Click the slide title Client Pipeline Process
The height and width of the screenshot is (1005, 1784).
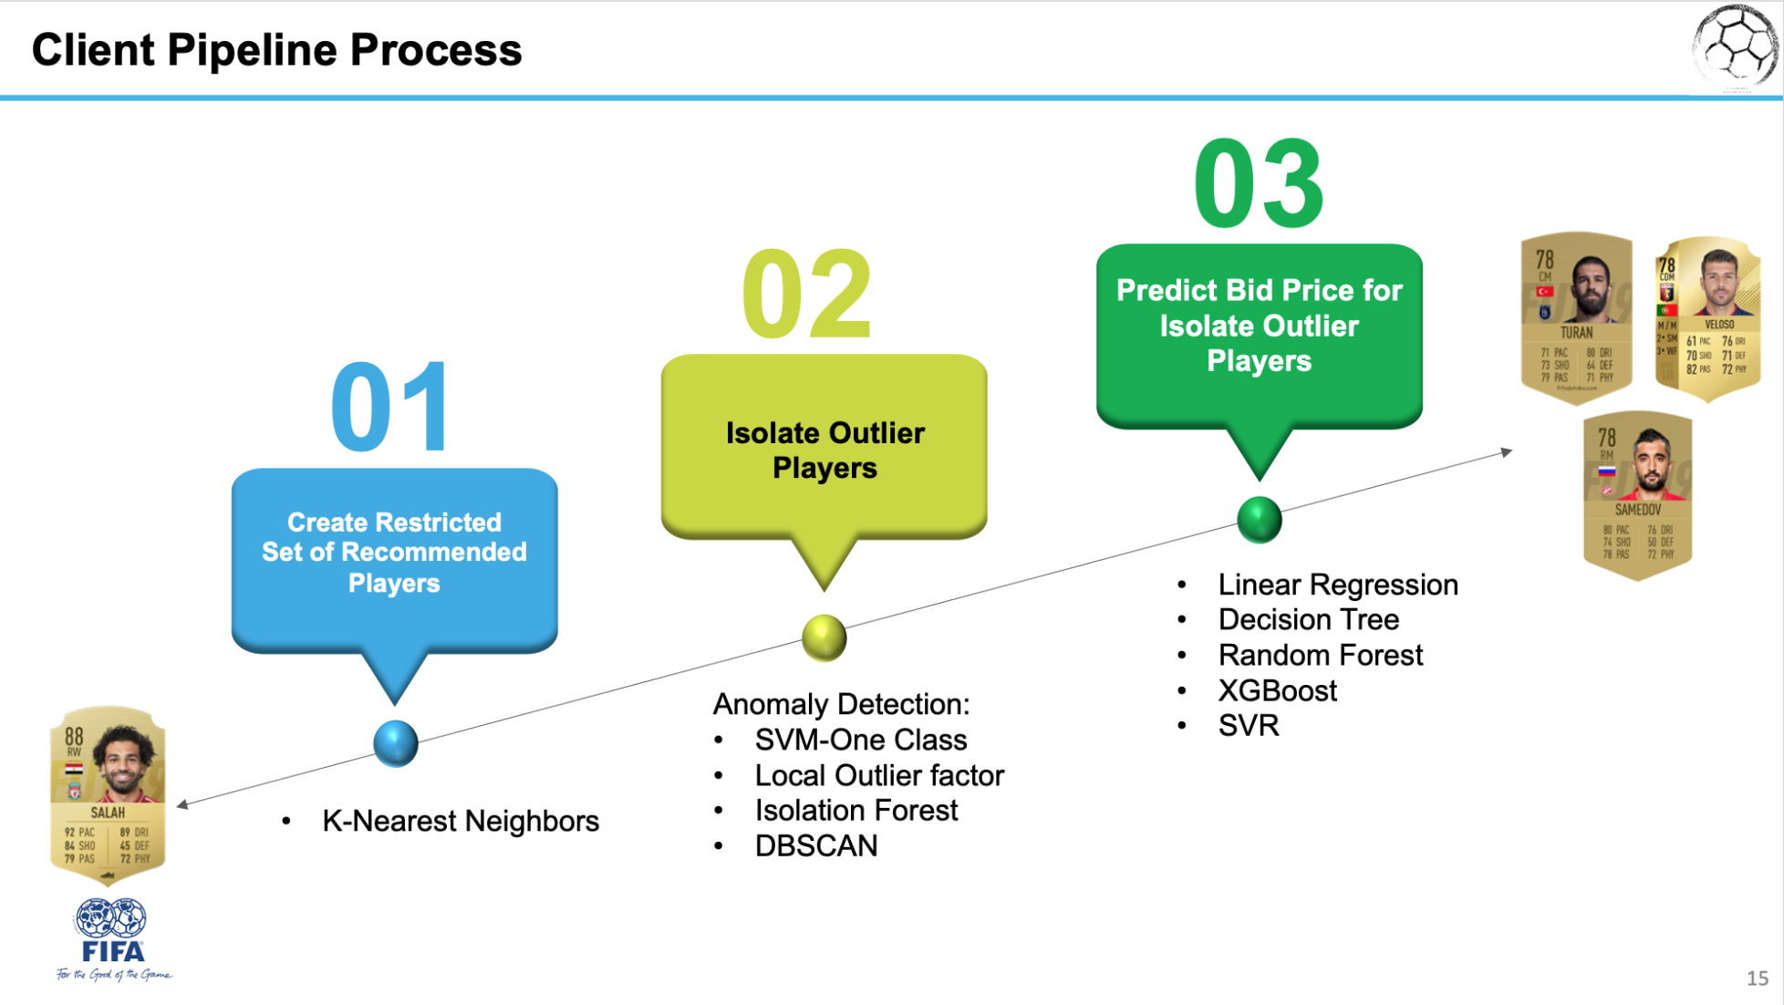point(276,49)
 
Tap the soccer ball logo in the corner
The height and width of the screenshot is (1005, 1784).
point(1735,47)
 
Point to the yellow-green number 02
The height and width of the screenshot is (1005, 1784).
point(807,294)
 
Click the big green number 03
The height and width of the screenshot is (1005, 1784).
point(1259,184)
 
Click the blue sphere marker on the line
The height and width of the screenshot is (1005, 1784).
point(396,743)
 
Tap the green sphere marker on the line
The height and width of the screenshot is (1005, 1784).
point(1260,520)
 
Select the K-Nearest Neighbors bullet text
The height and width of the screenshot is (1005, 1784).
point(460,821)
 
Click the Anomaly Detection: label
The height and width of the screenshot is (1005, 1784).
point(841,704)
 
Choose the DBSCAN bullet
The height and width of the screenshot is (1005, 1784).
point(815,845)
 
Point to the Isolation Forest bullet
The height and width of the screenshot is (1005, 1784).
point(856,810)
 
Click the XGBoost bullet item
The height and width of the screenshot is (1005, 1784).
point(1277,690)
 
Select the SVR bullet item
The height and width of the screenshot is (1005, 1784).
point(1249,726)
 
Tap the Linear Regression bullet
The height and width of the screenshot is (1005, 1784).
point(1337,585)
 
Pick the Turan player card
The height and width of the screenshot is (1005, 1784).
point(1576,317)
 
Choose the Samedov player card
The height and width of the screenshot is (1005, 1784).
point(1637,495)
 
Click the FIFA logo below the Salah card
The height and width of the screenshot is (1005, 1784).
point(112,939)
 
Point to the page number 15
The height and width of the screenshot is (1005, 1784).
point(1758,979)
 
